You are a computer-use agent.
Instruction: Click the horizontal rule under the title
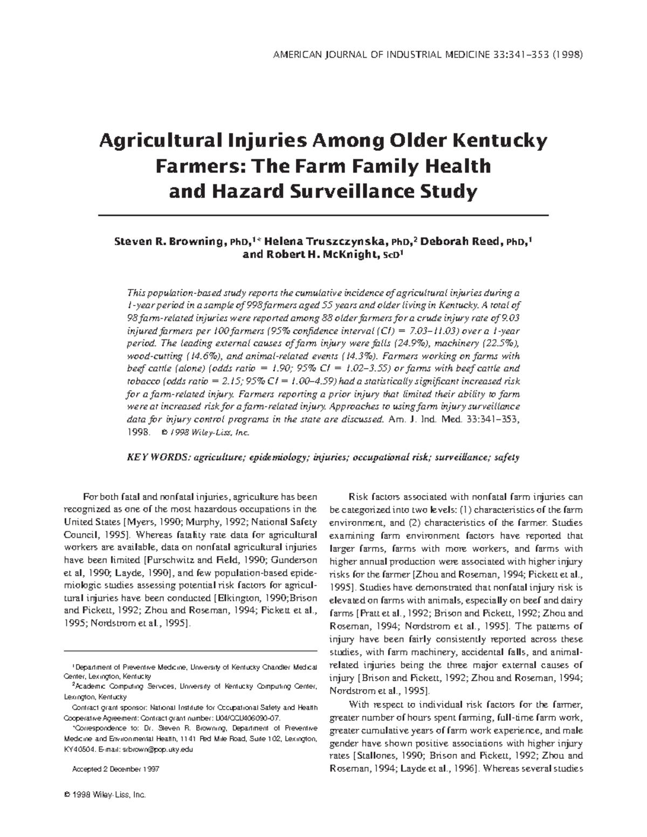click(323, 215)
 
